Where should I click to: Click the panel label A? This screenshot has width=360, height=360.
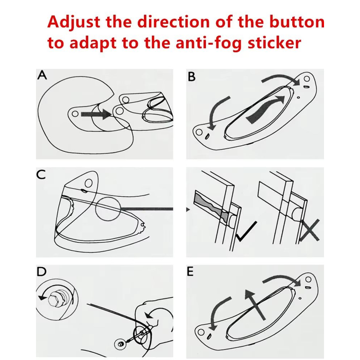(42, 75)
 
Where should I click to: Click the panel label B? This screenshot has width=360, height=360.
(192, 77)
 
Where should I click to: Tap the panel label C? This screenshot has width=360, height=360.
(41, 175)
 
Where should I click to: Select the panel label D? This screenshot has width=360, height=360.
(41, 271)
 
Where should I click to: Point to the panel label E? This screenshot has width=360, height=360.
(190, 271)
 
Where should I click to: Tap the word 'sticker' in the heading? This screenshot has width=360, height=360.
(274, 42)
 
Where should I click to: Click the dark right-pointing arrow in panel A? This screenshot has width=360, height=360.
(96, 114)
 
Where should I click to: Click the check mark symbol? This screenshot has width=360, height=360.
(246, 232)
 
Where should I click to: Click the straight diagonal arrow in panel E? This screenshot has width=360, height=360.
(255, 305)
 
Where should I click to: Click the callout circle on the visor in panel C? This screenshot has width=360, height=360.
(108, 208)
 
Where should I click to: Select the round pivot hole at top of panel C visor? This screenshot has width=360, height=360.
(89, 184)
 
